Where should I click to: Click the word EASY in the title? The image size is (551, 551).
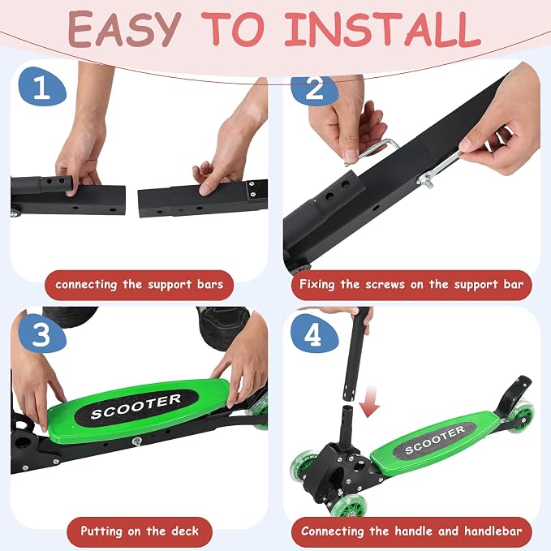coord(124,29)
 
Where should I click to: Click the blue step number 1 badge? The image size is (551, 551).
coord(42,87)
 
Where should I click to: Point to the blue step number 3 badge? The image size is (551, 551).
coord(42,334)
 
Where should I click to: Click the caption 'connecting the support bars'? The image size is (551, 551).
coord(139,285)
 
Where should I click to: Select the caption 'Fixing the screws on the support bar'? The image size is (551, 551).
coord(411,285)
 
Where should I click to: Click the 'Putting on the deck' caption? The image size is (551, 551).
coord(140,532)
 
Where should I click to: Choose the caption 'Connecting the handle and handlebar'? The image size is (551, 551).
coord(411,532)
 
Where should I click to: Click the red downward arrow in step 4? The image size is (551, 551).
coord(370,402)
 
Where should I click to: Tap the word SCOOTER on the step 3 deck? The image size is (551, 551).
coord(136,407)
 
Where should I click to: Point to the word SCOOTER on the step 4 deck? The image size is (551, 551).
coord(435,440)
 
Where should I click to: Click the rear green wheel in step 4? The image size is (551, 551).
coord(520,412)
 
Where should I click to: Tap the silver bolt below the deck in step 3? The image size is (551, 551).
coord(137,441)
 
